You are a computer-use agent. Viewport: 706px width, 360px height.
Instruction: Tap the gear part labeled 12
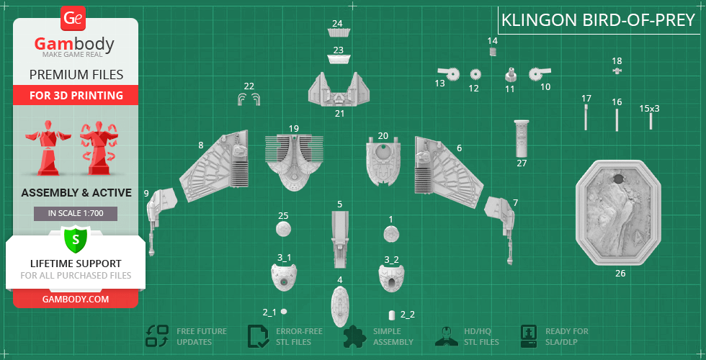tap(475, 73)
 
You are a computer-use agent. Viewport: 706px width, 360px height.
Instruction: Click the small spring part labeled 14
tap(493, 52)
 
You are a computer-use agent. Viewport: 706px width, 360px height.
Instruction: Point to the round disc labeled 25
tap(284, 230)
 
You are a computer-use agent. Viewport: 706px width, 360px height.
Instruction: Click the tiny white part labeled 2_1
tap(284, 311)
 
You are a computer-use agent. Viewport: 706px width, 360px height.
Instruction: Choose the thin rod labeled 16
tap(617, 120)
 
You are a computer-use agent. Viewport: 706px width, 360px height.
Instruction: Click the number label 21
tap(339, 113)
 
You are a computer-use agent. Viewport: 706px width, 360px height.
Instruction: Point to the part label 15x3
tap(649, 109)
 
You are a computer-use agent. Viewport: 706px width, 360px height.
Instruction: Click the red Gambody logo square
tap(73, 18)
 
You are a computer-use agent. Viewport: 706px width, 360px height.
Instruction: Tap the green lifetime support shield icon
tap(75, 238)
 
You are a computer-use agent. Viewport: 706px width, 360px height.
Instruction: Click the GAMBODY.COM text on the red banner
tap(75, 299)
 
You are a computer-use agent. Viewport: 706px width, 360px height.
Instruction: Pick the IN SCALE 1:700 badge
tap(75, 213)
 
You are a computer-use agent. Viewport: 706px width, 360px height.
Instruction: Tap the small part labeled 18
tap(617, 71)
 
